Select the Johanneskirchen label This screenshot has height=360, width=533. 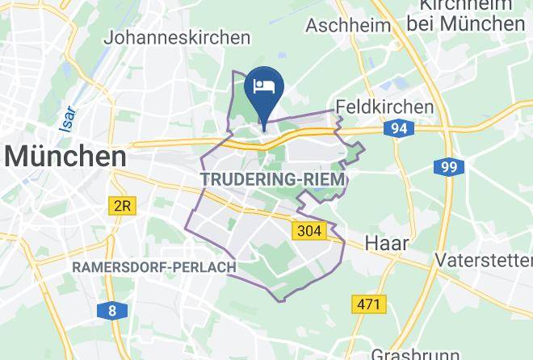(x=178, y=38)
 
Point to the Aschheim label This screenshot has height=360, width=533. (x=348, y=25)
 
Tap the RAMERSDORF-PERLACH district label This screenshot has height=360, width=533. (x=154, y=267)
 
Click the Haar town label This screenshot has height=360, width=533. (x=387, y=243)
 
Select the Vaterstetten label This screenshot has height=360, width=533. (x=483, y=260)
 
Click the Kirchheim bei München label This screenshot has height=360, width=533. (x=465, y=15)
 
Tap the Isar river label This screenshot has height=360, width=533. (x=69, y=117)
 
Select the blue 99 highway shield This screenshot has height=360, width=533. (x=447, y=167)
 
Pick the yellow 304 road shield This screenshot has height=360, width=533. (x=308, y=231)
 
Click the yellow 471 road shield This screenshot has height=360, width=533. (x=369, y=304)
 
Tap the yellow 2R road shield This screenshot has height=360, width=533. (x=121, y=206)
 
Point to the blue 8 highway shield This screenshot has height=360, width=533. (x=111, y=311)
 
